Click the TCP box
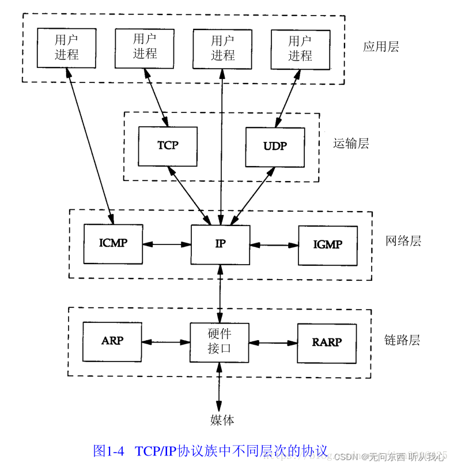(168, 146)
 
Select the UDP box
(275, 146)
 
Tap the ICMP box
(113, 243)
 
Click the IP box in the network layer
(220, 244)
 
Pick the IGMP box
(327, 245)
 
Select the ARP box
(112, 341)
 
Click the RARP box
(327, 342)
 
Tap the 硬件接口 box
(220, 342)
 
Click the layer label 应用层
(381, 47)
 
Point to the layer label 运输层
(351, 144)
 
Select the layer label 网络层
(403, 241)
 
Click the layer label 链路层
(402, 340)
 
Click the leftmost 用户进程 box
(66, 47)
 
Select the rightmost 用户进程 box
(300, 48)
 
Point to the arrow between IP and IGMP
(274, 245)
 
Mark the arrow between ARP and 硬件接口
(166, 342)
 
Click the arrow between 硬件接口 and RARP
(273, 342)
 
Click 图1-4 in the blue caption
(108, 451)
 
